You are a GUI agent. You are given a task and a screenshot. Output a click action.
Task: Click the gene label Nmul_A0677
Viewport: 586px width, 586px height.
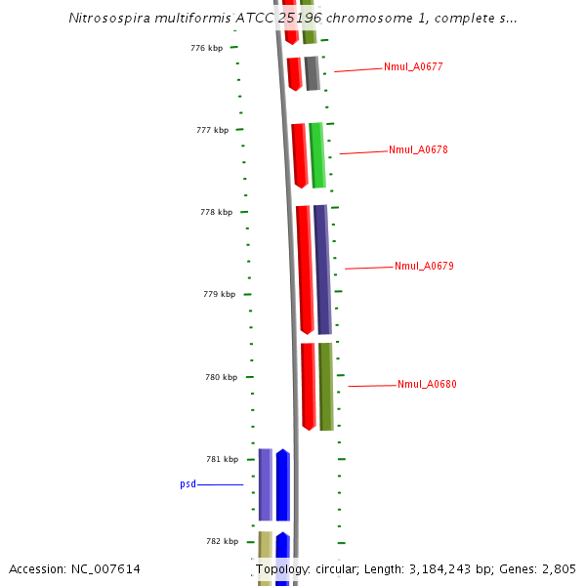coord(413,66)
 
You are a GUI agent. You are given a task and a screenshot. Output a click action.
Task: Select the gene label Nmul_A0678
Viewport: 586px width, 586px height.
coord(418,149)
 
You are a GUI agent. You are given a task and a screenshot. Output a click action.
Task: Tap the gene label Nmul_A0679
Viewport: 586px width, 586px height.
coord(424,266)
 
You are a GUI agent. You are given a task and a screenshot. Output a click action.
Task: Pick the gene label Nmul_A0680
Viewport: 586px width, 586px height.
coord(427,384)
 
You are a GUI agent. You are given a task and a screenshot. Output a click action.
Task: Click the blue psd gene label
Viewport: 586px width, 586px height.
coord(188,483)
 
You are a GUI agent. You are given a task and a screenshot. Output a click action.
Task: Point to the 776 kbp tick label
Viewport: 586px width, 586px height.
coord(206,48)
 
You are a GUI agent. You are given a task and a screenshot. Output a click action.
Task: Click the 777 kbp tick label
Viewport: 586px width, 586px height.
coord(212,130)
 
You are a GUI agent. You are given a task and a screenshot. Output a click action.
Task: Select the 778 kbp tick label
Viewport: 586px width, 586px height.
coord(216,212)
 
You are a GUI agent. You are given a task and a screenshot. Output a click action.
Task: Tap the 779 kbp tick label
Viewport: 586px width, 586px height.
coord(219,294)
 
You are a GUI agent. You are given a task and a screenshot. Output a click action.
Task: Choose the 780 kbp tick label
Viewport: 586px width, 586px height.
coord(222,377)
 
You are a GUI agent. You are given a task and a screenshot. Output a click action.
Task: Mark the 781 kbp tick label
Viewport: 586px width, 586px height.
coord(222,459)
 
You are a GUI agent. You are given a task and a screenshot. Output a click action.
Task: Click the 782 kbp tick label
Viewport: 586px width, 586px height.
coord(222,541)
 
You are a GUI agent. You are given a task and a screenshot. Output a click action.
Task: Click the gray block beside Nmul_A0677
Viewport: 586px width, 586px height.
coord(312,73)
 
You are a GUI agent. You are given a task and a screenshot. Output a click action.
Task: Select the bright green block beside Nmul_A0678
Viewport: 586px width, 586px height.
coord(316,154)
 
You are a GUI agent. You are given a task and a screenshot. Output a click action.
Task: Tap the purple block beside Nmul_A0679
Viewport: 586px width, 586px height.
coord(322,270)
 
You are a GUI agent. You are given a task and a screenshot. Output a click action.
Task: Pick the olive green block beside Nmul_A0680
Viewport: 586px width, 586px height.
coord(326,386)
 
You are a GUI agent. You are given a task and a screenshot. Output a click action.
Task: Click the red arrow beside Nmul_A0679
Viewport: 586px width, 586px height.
coord(306,270)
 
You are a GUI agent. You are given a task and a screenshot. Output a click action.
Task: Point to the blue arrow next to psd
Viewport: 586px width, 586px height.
coord(282,484)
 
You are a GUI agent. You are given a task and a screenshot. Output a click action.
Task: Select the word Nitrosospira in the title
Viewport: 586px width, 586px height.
coord(111,19)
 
